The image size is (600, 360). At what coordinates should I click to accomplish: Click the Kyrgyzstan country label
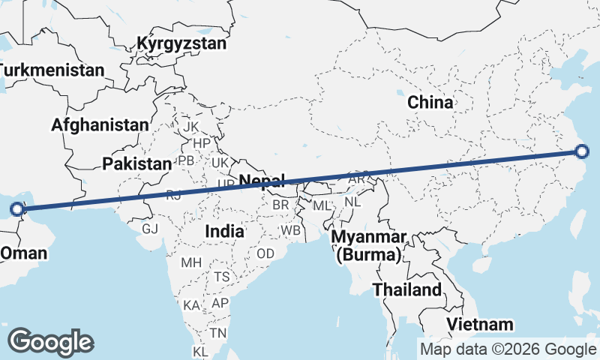[181, 43]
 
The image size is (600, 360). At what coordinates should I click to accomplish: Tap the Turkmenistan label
[51, 70]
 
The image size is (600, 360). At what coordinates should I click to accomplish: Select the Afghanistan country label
[100, 125]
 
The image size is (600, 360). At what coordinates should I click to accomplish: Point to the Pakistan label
[137, 163]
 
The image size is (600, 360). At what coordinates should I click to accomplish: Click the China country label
[430, 103]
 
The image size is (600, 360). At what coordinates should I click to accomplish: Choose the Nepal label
[262, 180]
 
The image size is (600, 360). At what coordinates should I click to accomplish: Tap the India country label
[224, 231]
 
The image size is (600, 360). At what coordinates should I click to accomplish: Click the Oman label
[23, 253]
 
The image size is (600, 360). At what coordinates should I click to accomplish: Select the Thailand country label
[407, 289]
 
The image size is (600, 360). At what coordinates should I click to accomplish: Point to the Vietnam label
[481, 325]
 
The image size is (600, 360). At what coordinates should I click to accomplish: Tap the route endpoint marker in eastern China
[583, 152]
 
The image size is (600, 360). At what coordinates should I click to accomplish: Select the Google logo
[50, 342]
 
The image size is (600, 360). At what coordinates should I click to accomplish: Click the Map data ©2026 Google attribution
[508, 349]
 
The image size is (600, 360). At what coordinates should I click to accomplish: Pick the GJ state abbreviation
[150, 229]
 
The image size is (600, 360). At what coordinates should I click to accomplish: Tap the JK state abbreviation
[191, 127]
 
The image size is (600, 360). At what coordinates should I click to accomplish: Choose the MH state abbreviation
[191, 262]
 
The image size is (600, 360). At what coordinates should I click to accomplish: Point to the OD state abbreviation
[265, 253]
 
